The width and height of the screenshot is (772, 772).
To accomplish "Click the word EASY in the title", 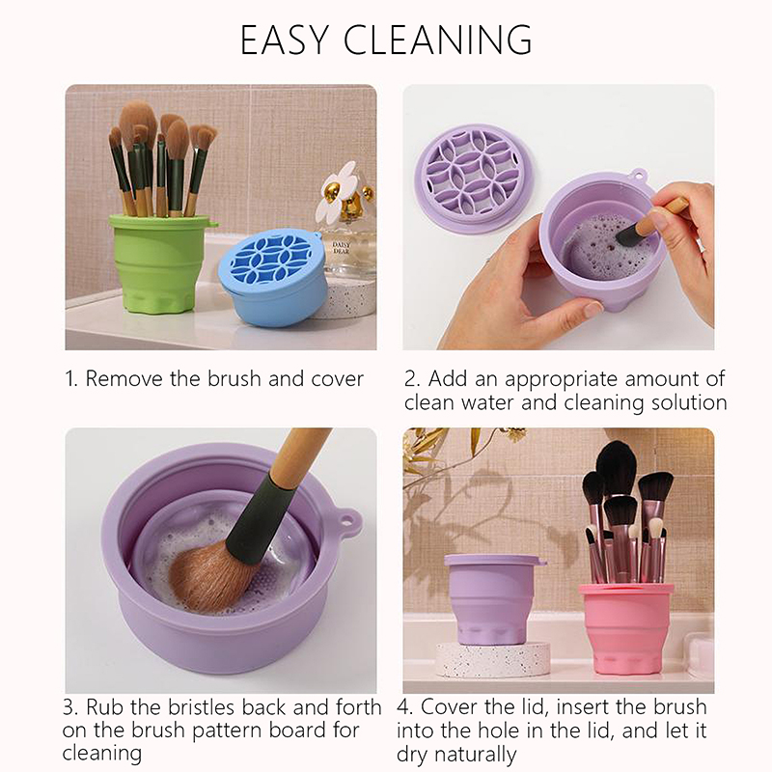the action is coord(284,39).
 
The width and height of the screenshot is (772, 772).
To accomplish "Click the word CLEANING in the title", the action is coord(438,39).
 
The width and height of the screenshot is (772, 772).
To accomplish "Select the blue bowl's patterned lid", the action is coord(270,257).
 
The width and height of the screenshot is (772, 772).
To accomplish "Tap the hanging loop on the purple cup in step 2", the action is coord(639,175).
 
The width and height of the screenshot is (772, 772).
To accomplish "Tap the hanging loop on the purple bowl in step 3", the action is coord(347,522).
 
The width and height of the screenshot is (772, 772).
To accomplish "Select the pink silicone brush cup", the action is coord(625,629).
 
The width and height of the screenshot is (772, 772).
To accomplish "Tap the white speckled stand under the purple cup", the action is coord(493,659).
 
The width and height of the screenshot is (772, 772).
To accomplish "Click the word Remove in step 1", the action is coord(124,378).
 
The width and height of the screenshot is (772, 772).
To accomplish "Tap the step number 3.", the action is coord(69,707).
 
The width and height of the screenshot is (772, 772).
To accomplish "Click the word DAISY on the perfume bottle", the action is coord(342,244).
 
